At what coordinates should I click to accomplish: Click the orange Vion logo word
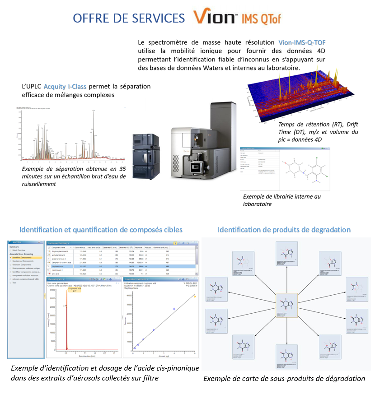click(x=214, y=17)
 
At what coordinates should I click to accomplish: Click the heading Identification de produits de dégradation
click(x=284, y=230)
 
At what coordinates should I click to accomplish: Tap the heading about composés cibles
click(x=100, y=230)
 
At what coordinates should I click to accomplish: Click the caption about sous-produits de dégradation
click(x=284, y=378)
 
